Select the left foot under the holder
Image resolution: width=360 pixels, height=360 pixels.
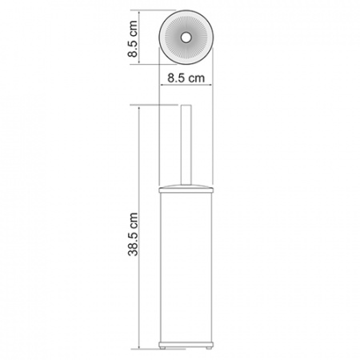[166, 346]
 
